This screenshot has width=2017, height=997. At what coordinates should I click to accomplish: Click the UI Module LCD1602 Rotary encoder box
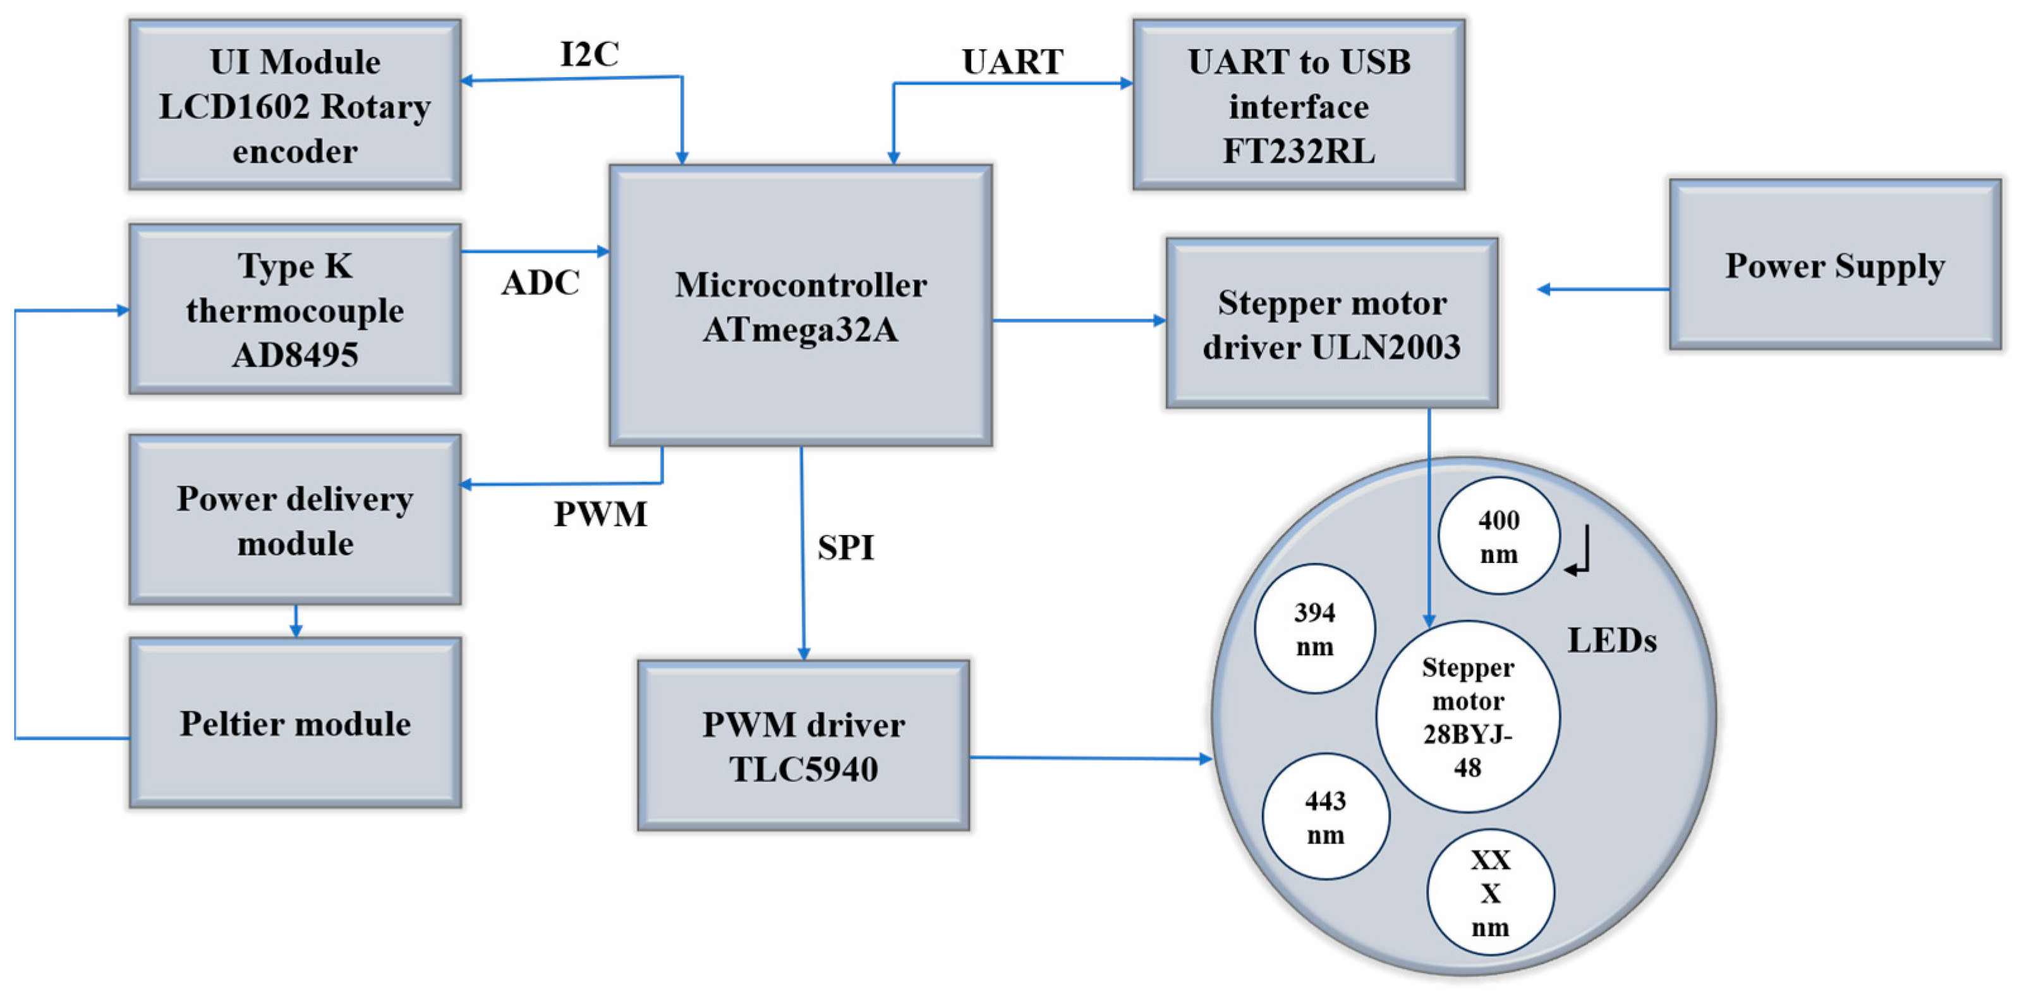pos(294,105)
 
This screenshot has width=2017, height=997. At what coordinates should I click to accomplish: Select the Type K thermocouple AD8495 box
pos(294,310)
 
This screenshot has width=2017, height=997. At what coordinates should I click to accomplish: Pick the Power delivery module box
pos(294,520)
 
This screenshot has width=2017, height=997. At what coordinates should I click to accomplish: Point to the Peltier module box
pos(294,722)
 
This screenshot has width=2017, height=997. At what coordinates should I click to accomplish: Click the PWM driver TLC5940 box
pos(803,745)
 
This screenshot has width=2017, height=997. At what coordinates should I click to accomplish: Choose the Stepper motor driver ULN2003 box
pos(1331,323)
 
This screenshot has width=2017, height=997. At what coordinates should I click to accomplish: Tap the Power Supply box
pos(1834,265)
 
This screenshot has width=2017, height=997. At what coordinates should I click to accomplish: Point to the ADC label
pos(540,282)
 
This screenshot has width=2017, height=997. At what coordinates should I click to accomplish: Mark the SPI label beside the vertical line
pos(845,547)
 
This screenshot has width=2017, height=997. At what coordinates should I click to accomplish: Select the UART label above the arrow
pos(1012,62)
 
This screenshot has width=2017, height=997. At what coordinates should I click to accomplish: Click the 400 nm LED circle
pos(1498,536)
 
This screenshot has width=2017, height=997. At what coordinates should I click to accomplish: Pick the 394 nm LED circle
pos(1314,629)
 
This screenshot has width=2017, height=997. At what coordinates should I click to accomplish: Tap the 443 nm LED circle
pos(1325,817)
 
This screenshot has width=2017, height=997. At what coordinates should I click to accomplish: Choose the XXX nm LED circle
pos(1489,893)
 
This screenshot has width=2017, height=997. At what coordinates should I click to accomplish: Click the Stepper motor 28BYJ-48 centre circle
pos(1467,716)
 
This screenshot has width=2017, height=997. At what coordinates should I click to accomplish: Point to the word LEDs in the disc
pos(1611,641)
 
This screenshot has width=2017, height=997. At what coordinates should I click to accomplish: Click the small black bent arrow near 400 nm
pos(1579,553)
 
